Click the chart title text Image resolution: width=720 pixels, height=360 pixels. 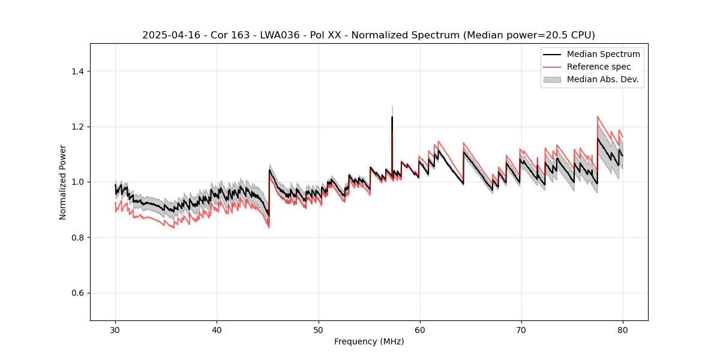368,35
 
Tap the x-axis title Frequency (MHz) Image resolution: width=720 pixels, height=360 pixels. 369,341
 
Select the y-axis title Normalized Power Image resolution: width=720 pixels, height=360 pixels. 63,182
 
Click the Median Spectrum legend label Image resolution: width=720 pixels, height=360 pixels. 603,54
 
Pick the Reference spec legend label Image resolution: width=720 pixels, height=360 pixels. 599,67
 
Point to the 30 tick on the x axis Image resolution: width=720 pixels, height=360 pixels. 115,329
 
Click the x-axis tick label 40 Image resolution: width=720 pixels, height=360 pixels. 217,329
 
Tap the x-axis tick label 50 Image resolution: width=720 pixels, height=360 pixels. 319,329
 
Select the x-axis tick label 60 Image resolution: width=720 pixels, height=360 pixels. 420,329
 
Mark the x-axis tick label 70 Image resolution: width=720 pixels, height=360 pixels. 521,329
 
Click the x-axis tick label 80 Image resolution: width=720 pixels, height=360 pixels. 623,329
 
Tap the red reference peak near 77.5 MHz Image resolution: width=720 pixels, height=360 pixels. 598,116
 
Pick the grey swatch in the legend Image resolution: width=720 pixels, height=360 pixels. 552,79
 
